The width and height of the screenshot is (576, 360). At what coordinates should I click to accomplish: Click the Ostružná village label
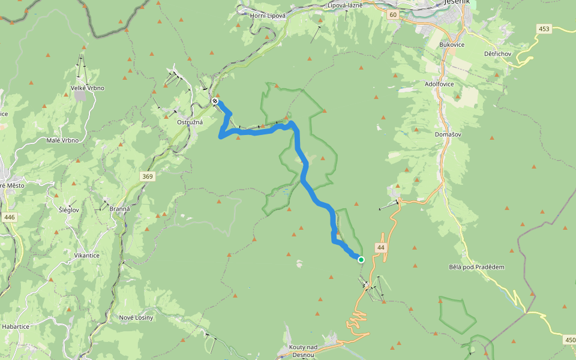pyautogui.click(x=190, y=122)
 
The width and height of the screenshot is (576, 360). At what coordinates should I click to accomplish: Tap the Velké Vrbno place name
pyautogui.click(x=88, y=88)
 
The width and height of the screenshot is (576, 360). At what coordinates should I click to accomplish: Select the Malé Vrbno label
pyautogui.click(x=62, y=140)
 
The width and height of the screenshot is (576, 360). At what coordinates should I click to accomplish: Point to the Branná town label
pyautogui.click(x=121, y=208)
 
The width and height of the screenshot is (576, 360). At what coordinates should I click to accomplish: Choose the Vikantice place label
pyautogui.click(x=86, y=255)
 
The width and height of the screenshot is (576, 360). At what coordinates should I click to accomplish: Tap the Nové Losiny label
pyautogui.click(x=136, y=317)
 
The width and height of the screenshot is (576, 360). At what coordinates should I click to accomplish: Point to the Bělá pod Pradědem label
pyautogui.click(x=477, y=267)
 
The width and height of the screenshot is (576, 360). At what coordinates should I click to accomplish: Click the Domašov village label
pyautogui.click(x=448, y=134)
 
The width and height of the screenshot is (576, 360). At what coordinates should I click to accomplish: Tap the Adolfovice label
pyautogui.click(x=439, y=84)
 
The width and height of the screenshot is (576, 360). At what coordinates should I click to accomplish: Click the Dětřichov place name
pyautogui.click(x=497, y=53)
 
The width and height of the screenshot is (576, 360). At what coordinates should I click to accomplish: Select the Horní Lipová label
pyautogui.click(x=266, y=16)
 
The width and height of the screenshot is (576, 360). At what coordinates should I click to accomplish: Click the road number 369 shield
pyautogui.click(x=148, y=176)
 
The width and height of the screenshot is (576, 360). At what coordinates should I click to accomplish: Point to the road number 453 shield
pyautogui.click(x=544, y=29)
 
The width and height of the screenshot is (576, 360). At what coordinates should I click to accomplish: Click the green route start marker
pyautogui.click(x=361, y=259)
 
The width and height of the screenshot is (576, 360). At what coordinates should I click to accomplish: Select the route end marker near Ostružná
pyautogui.click(x=215, y=101)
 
